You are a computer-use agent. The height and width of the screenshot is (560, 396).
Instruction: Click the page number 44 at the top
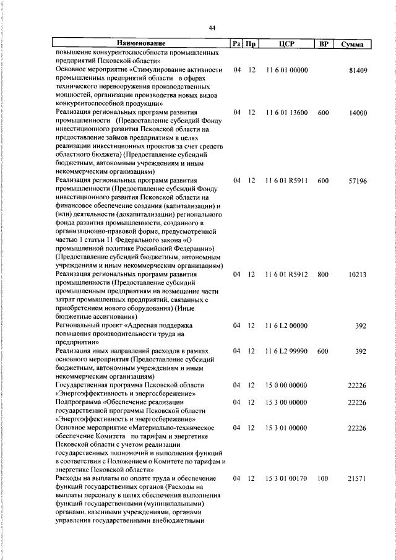click(212, 28)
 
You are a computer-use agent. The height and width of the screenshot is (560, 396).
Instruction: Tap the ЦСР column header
click(286, 44)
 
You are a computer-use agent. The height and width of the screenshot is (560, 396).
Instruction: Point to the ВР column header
click(322, 44)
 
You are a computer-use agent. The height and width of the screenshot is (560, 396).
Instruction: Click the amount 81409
click(358, 71)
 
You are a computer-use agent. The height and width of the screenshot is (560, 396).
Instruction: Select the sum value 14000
click(358, 113)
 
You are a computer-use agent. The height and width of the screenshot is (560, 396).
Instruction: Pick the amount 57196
click(358, 181)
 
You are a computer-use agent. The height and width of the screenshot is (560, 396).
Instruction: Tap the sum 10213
click(358, 274)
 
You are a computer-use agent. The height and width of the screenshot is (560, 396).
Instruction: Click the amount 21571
click(358, 478)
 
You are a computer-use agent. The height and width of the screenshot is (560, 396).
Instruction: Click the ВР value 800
click(322, 274)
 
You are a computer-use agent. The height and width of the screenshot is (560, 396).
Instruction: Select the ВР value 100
click(322, 478)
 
